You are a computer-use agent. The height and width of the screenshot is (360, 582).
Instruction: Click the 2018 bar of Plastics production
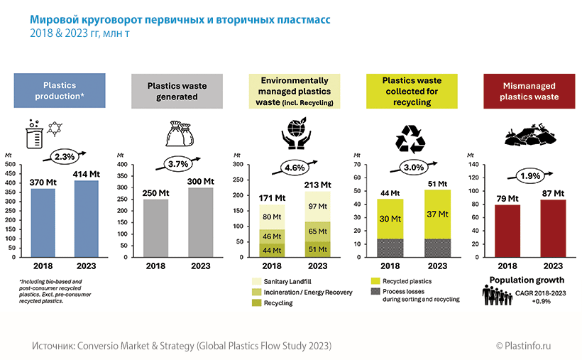point(43,224)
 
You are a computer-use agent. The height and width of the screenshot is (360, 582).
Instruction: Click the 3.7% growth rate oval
point(175,163)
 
